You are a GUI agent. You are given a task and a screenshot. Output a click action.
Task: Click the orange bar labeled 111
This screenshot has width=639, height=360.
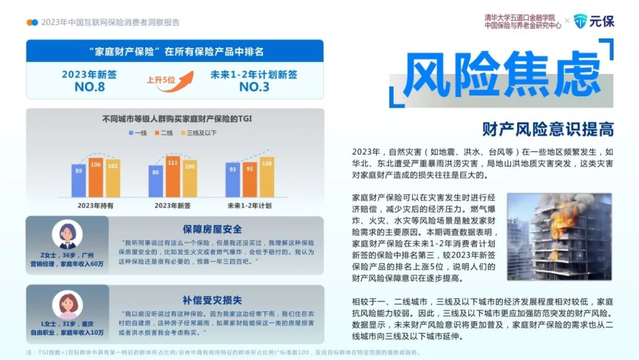pos(172,176)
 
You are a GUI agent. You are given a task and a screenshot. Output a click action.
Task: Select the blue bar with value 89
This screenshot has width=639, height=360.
pos(79,181)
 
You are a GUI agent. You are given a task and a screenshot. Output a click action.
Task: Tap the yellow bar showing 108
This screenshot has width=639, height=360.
pos(267,178)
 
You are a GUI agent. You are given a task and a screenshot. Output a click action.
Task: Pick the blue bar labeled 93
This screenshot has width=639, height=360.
pos(233,180)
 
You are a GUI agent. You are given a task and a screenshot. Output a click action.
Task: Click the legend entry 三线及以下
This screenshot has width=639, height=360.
pos(199,133)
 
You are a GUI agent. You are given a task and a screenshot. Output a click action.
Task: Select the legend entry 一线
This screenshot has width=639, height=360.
pos(138,133)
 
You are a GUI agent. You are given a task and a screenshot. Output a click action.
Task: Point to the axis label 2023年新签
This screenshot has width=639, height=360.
pos(172,205)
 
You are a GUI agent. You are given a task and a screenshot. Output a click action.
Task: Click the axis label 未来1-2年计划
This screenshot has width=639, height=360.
pos(250,205)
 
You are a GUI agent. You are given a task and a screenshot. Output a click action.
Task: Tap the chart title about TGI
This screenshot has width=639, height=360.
pos(177,118)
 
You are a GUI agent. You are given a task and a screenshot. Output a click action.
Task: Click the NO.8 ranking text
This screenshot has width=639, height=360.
pos(90,87)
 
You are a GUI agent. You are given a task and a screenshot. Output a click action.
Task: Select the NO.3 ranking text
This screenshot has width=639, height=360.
pos(254,87)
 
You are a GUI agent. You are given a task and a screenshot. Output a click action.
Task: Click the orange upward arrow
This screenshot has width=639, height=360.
pos(176,82)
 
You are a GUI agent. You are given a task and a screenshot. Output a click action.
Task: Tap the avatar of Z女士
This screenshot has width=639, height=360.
pos(67,234)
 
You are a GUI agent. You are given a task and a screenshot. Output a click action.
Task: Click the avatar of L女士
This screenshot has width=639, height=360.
pos(67,305)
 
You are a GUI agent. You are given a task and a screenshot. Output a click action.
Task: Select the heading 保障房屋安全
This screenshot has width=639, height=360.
pos(212,229)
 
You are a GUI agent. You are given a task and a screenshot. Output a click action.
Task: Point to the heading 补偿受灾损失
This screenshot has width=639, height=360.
pos(212,300)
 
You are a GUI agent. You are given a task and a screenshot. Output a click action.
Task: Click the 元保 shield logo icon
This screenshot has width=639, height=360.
pos(580,21)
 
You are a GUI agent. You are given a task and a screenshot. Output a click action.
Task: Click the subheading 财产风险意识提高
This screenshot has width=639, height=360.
pos(548,129)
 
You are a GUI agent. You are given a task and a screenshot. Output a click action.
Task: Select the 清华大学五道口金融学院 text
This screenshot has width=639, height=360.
pos(519,18)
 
